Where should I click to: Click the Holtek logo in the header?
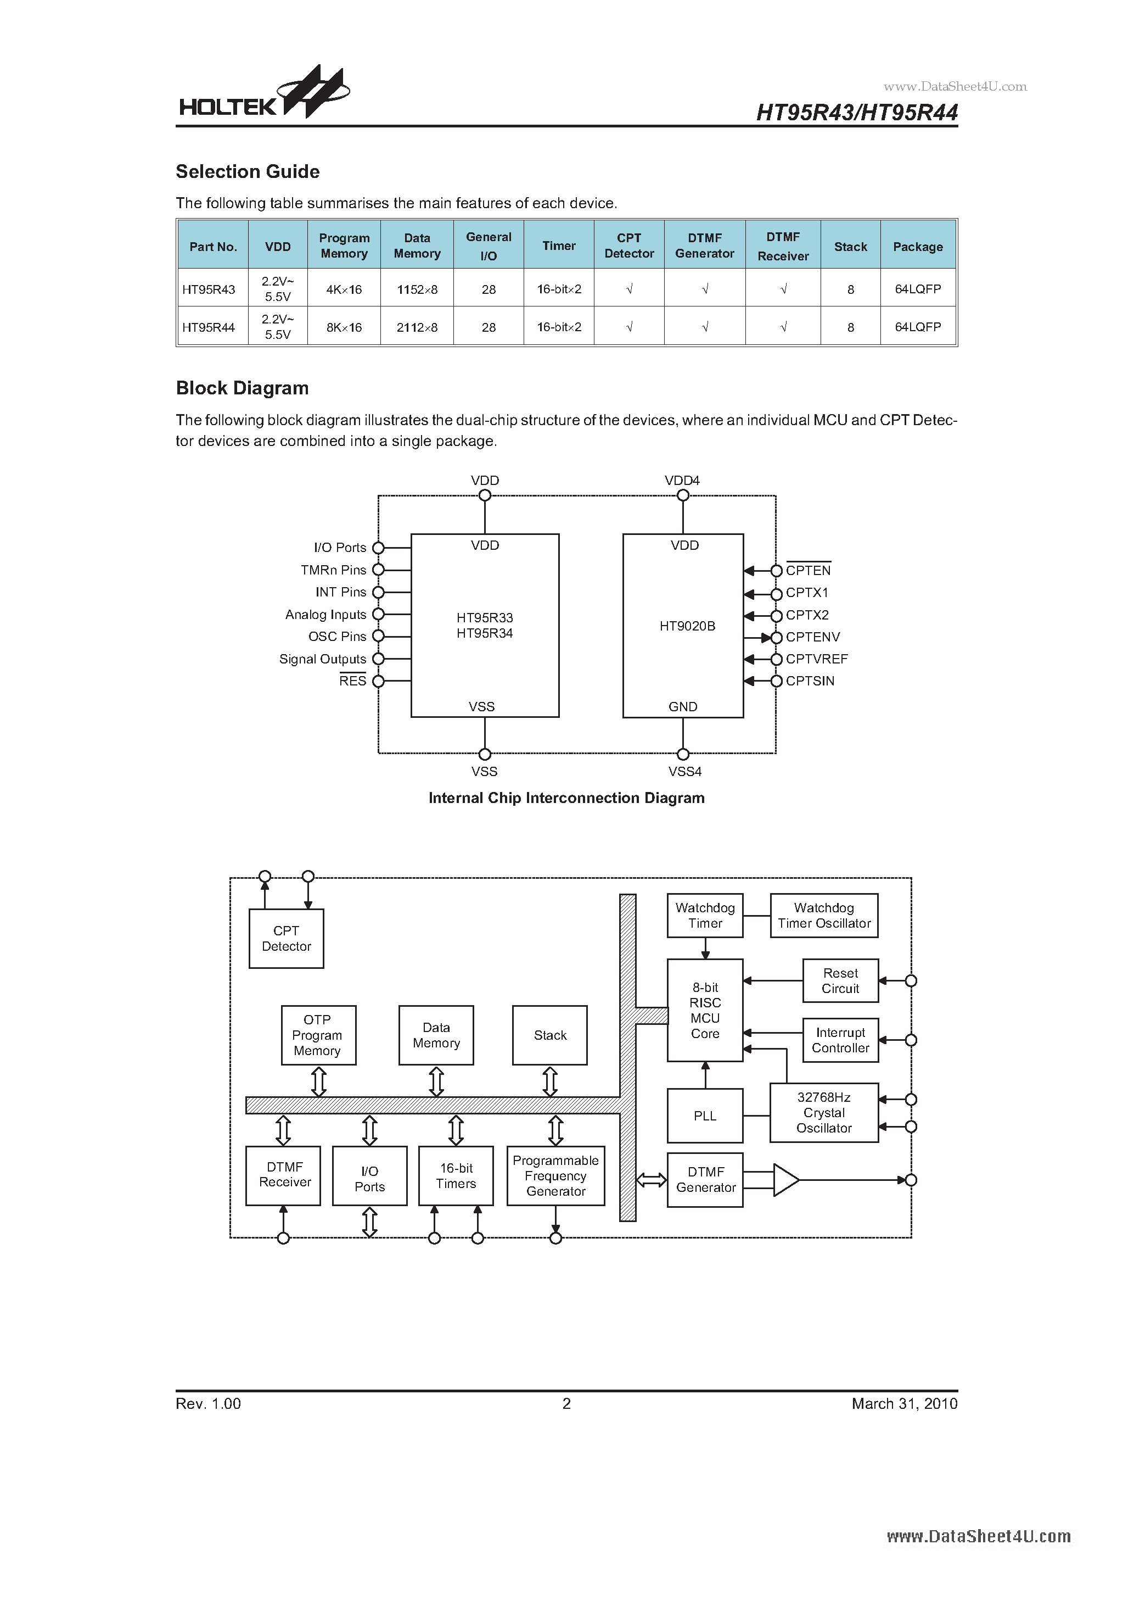tap(263, 94)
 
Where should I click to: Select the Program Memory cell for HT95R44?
tap(344, 327)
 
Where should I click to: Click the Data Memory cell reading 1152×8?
tap(417, 289)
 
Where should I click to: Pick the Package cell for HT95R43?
tap(917, 289)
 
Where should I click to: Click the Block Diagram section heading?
tap(242, 388)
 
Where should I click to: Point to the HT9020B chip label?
tap(687, 626)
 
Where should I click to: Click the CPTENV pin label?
tap(812, 637)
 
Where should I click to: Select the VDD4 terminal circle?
tap(683, 495)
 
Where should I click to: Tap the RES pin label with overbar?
tap(352, 681)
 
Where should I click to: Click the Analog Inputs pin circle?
tap(378, 614)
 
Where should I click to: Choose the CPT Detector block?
tap(286, 938)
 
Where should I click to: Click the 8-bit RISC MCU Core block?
tap(705, 1010)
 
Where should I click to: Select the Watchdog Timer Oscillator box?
tap(823, 915)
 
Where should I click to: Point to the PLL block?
tap(705, 1116)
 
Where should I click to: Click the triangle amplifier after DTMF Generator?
tap(784, 1180)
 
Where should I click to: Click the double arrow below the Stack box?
tap(549, 1081)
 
